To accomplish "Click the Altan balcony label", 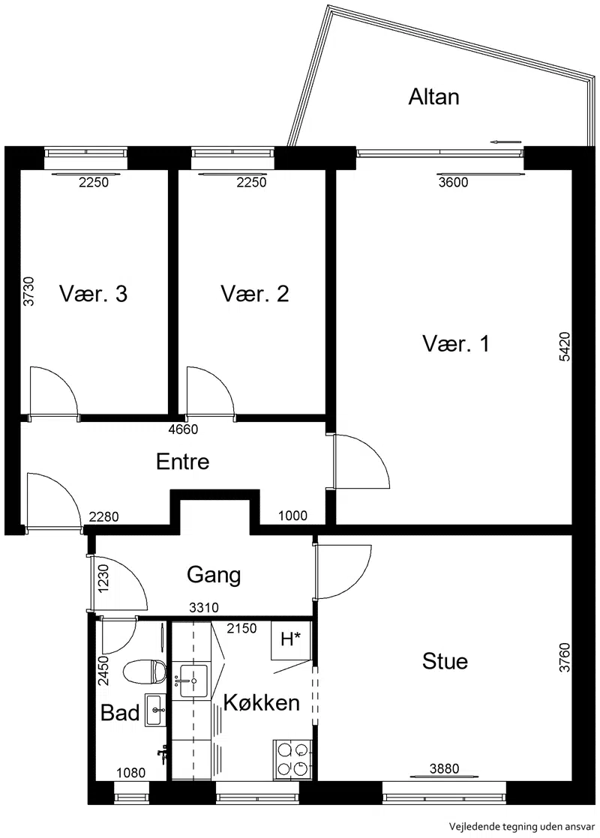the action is [x=433, y=97].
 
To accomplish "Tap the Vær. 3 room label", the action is [x=94, y=294].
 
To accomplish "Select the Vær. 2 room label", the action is [x=255, y=294].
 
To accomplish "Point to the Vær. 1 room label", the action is [x=455, y=343].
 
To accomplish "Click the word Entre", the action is [x=182, y=462].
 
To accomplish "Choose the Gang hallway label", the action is [x=214, y=576].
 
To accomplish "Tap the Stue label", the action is [x=445, y=661].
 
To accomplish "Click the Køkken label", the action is [x=262, y=702].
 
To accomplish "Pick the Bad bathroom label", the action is [x=120, y=712].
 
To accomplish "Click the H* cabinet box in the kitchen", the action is [x=291, y=639].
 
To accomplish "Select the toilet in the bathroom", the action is [x=144, y=672].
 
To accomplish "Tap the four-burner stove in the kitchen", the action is [x=292, y=759].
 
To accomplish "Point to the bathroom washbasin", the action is [x=155, y=710].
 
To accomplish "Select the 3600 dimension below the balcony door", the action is [x=453, y=183].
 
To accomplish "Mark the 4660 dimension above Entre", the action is [x=183, y=429].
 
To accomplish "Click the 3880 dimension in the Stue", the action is [x=445, y=768].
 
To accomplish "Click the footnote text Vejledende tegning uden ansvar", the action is [x=522, y=826].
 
